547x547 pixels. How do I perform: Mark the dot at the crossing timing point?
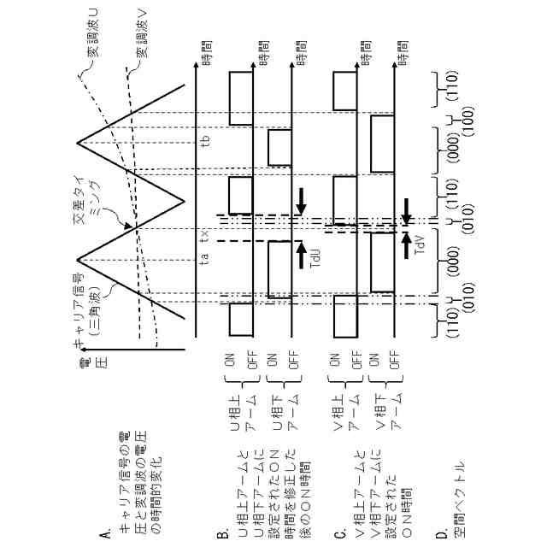pos(136,227)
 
